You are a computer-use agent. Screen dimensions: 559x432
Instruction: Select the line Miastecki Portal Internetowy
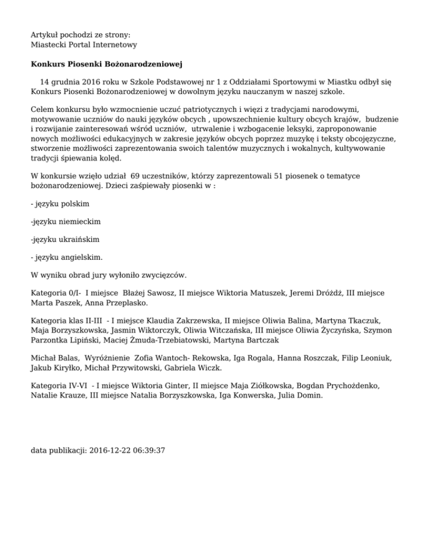tap(84, 44)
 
